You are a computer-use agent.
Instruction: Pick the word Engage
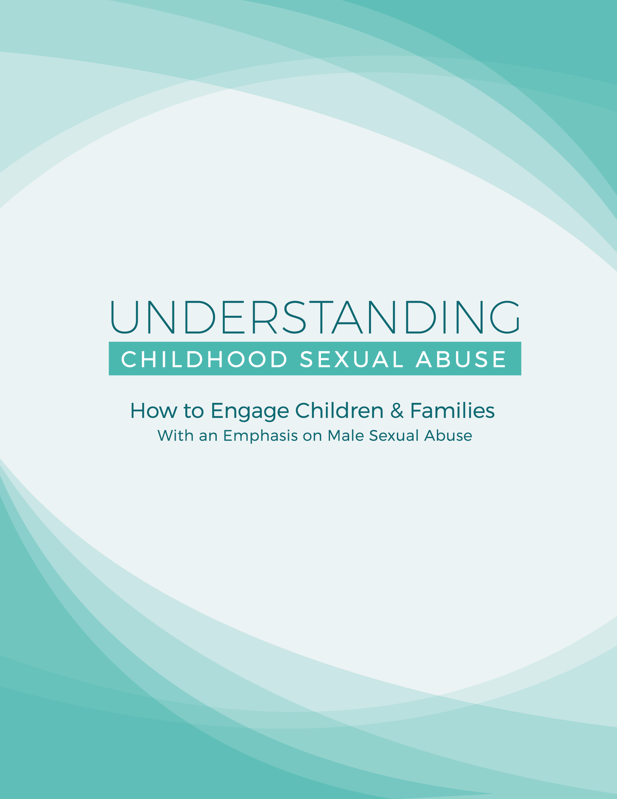[250, 412]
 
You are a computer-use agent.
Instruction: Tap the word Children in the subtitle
[339, 411]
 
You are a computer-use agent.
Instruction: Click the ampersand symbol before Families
[397, 411]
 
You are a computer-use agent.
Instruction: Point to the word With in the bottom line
[175, 435]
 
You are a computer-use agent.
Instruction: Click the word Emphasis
[260, 436]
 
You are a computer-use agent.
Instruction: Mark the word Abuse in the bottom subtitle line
[448, 435]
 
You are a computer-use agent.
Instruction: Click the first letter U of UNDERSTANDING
[124, 317]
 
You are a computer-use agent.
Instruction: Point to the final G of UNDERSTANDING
[505, 317]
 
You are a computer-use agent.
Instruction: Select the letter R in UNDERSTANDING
[264, 317]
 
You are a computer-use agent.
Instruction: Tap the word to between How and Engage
[193, 411]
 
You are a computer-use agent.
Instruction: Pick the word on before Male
[312, 437]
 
